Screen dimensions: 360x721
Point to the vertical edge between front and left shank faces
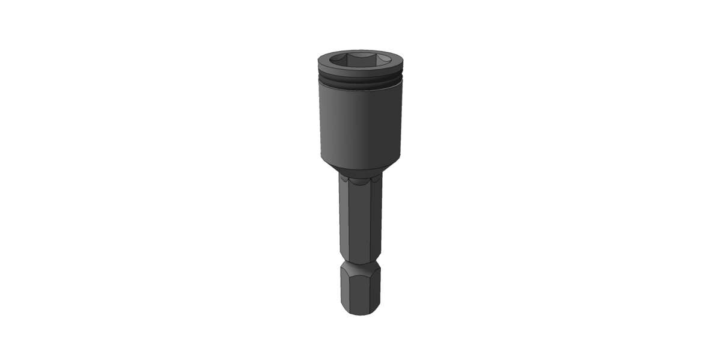pos(349,222)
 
